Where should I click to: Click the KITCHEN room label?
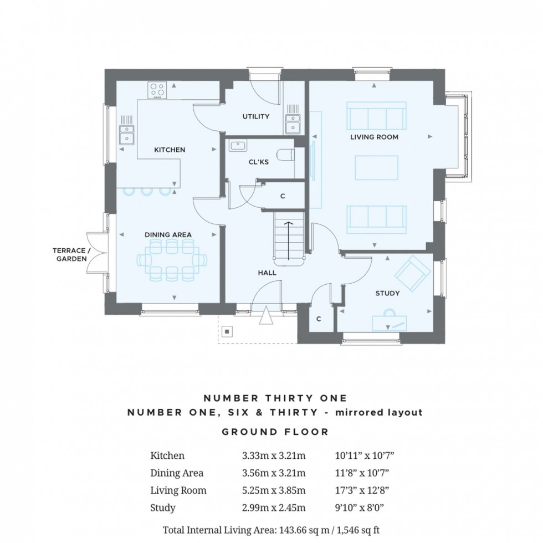click(170, 150)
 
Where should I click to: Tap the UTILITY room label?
click(255, 116)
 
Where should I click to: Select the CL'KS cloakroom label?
click(258, 162)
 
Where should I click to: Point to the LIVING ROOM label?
click(374, 136)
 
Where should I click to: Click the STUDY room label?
click(387, 293)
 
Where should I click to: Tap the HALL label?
click(267, 273)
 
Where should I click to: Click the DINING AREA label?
click(168, 234)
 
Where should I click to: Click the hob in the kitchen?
click(157, 89)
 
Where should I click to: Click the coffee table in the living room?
click(377, 168)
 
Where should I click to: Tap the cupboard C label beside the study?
click(319, 319)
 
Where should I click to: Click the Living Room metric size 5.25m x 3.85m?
click(274, 490)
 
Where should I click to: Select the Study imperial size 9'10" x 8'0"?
click(361, 508)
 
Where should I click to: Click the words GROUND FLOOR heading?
click(275, 432)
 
